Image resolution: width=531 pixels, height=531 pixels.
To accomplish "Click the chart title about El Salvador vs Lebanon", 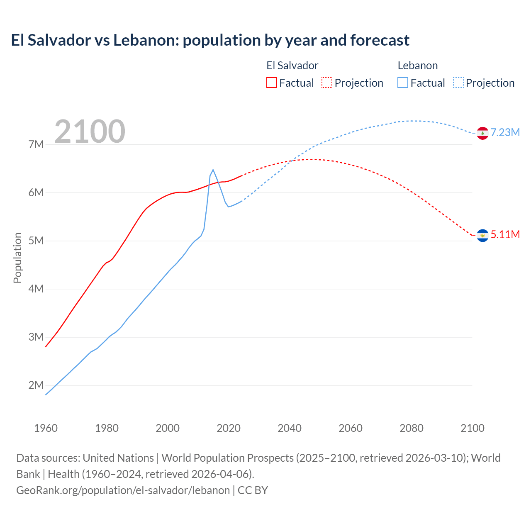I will click(210, 40).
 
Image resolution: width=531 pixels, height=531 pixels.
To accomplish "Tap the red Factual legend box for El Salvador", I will click(271, 83).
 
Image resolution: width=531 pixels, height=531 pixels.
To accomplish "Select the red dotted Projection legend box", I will click(327, 83).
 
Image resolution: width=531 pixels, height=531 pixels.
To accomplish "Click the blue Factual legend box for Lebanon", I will click(402, 83).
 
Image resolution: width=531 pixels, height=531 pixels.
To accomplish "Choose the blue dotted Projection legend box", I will click(458, 83).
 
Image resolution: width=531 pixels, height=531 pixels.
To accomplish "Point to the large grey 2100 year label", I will click(90, 132).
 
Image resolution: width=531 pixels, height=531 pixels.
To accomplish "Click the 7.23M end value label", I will click(505, 132).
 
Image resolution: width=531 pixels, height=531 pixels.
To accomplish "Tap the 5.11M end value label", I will click(505, 234).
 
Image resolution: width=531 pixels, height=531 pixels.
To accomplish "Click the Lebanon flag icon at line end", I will click(482, 133).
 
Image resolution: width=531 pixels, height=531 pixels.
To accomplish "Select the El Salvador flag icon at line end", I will click(482, 236).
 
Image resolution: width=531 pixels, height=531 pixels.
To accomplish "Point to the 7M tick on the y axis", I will click(36, 144).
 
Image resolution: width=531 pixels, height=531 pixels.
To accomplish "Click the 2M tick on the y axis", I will click(36, 385).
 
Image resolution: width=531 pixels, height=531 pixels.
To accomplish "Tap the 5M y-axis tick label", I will click(36, 241).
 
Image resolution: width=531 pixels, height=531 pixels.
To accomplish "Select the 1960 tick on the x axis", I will click(46, 428).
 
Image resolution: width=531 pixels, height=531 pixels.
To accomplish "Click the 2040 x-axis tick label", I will click(290, 428).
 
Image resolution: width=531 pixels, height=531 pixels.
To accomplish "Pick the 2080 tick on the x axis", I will click(412, 428).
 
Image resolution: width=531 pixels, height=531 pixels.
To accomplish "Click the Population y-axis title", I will click(17, 258).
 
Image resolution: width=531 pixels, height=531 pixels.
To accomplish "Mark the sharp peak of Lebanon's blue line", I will click(213, 169).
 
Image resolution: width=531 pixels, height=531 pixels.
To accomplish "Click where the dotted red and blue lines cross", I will click(291, 161).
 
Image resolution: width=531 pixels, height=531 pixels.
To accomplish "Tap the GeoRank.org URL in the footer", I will click(123, 490).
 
